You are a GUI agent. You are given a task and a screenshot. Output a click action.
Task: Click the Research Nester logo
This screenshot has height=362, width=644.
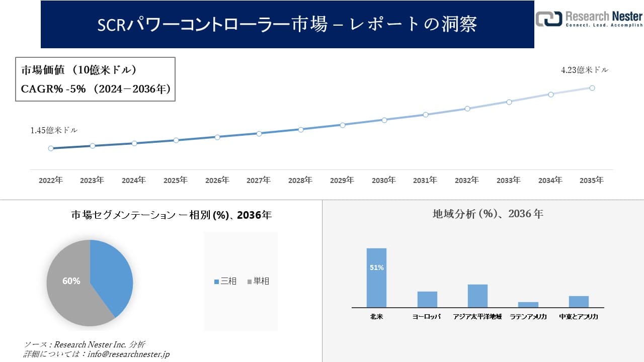point(589,19)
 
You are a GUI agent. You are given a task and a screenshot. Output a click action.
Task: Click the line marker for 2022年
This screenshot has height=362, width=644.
point(51,148)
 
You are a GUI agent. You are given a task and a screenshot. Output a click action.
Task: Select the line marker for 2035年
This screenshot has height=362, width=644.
point(592,88)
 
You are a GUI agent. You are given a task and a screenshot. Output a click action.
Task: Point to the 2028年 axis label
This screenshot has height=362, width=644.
point(300,180)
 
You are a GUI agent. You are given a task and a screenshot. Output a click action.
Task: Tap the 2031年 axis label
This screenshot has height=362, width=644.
point(425,180)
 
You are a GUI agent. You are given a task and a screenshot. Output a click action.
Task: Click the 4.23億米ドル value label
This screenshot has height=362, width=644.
point(585,70)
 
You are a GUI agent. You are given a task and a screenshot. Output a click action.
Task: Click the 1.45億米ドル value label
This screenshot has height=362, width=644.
point(54,130)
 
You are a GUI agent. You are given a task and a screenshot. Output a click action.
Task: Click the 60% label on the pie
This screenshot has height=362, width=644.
point(71,281)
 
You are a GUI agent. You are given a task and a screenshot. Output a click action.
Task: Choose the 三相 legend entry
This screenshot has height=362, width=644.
point(225,281)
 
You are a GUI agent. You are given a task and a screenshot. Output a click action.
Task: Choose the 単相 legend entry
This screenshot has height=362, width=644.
point(259,281)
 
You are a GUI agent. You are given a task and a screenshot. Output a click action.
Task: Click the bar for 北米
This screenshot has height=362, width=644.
point(376,278)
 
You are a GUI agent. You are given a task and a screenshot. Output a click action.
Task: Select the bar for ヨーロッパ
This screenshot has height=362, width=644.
point(427,299)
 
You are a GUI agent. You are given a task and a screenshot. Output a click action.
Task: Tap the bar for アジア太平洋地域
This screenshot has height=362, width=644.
point(477,296)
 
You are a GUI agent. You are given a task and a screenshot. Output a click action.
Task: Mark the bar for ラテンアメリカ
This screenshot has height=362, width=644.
point(528,304)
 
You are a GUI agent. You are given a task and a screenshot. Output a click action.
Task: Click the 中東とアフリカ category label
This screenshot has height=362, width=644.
point(579,317)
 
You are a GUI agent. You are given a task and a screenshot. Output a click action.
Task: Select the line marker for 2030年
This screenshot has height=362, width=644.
point(384,120)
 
